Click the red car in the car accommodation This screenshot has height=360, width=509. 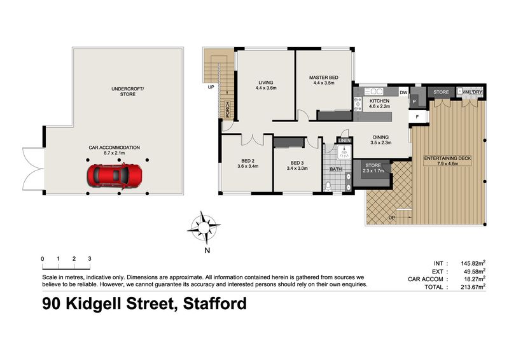pyautogui.click(x=115, y=176)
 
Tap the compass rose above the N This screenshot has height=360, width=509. pyautogui.click(x=204, y=227)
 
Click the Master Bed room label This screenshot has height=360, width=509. pyautogui.click(x=324, y=80)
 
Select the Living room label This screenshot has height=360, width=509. pyautogui.click(x=266, y=85)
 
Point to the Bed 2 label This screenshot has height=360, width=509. pyautogui.click(x=248, y=163)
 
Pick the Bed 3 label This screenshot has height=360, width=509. pyautogui.click(x=297, y=165)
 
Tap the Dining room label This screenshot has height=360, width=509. pyautogui.click(x=380, y=139)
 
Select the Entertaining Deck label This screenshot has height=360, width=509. pyautogui.click(x=447, y=161)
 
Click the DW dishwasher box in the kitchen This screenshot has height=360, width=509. pyautogui.click(x=403, y=92)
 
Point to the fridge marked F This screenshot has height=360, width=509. pyautogui.click(x=417, y=117)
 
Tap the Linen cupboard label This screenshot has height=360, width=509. pyautogui.click(x=344, y=141)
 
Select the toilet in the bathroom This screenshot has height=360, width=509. pyautogui.click(x=328, y=186)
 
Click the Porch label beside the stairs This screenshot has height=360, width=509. pyautogui.click(x=227, y=109)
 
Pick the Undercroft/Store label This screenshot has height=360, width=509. pyautogui.click(x=128, y=91)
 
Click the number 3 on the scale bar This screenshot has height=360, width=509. pyautogui.click(x=90, y=259)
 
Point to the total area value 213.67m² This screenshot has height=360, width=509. pyautogui.click(x=473, y=287)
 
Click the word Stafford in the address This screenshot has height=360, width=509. pyautogui.click(x=215, y=304)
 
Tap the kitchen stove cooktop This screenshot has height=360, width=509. pyautogui.click(x=358, y=104)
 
